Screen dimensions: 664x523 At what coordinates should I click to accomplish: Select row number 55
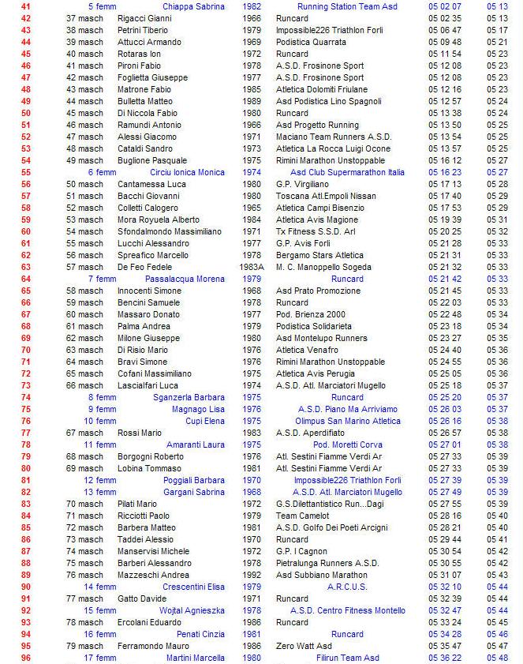point(26,172)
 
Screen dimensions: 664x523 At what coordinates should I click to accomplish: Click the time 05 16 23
point(445,172)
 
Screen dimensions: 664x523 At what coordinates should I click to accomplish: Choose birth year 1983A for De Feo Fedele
point(252,267)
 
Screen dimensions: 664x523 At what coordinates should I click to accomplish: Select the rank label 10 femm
point(101,421)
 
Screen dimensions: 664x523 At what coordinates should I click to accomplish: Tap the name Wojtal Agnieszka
point(194,610)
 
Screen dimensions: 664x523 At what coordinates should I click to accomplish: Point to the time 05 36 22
point(445,658)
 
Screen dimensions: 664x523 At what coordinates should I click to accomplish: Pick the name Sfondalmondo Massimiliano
point(170,231)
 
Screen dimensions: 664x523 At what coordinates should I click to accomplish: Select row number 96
point(26,658)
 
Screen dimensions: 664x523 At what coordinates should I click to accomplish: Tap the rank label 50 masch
point(84,184)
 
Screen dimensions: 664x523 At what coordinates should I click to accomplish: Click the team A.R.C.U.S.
point(347,587)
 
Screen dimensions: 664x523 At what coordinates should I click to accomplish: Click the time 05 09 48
point(445,42)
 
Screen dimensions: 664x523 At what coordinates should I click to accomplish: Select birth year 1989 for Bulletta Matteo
point(252,101)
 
